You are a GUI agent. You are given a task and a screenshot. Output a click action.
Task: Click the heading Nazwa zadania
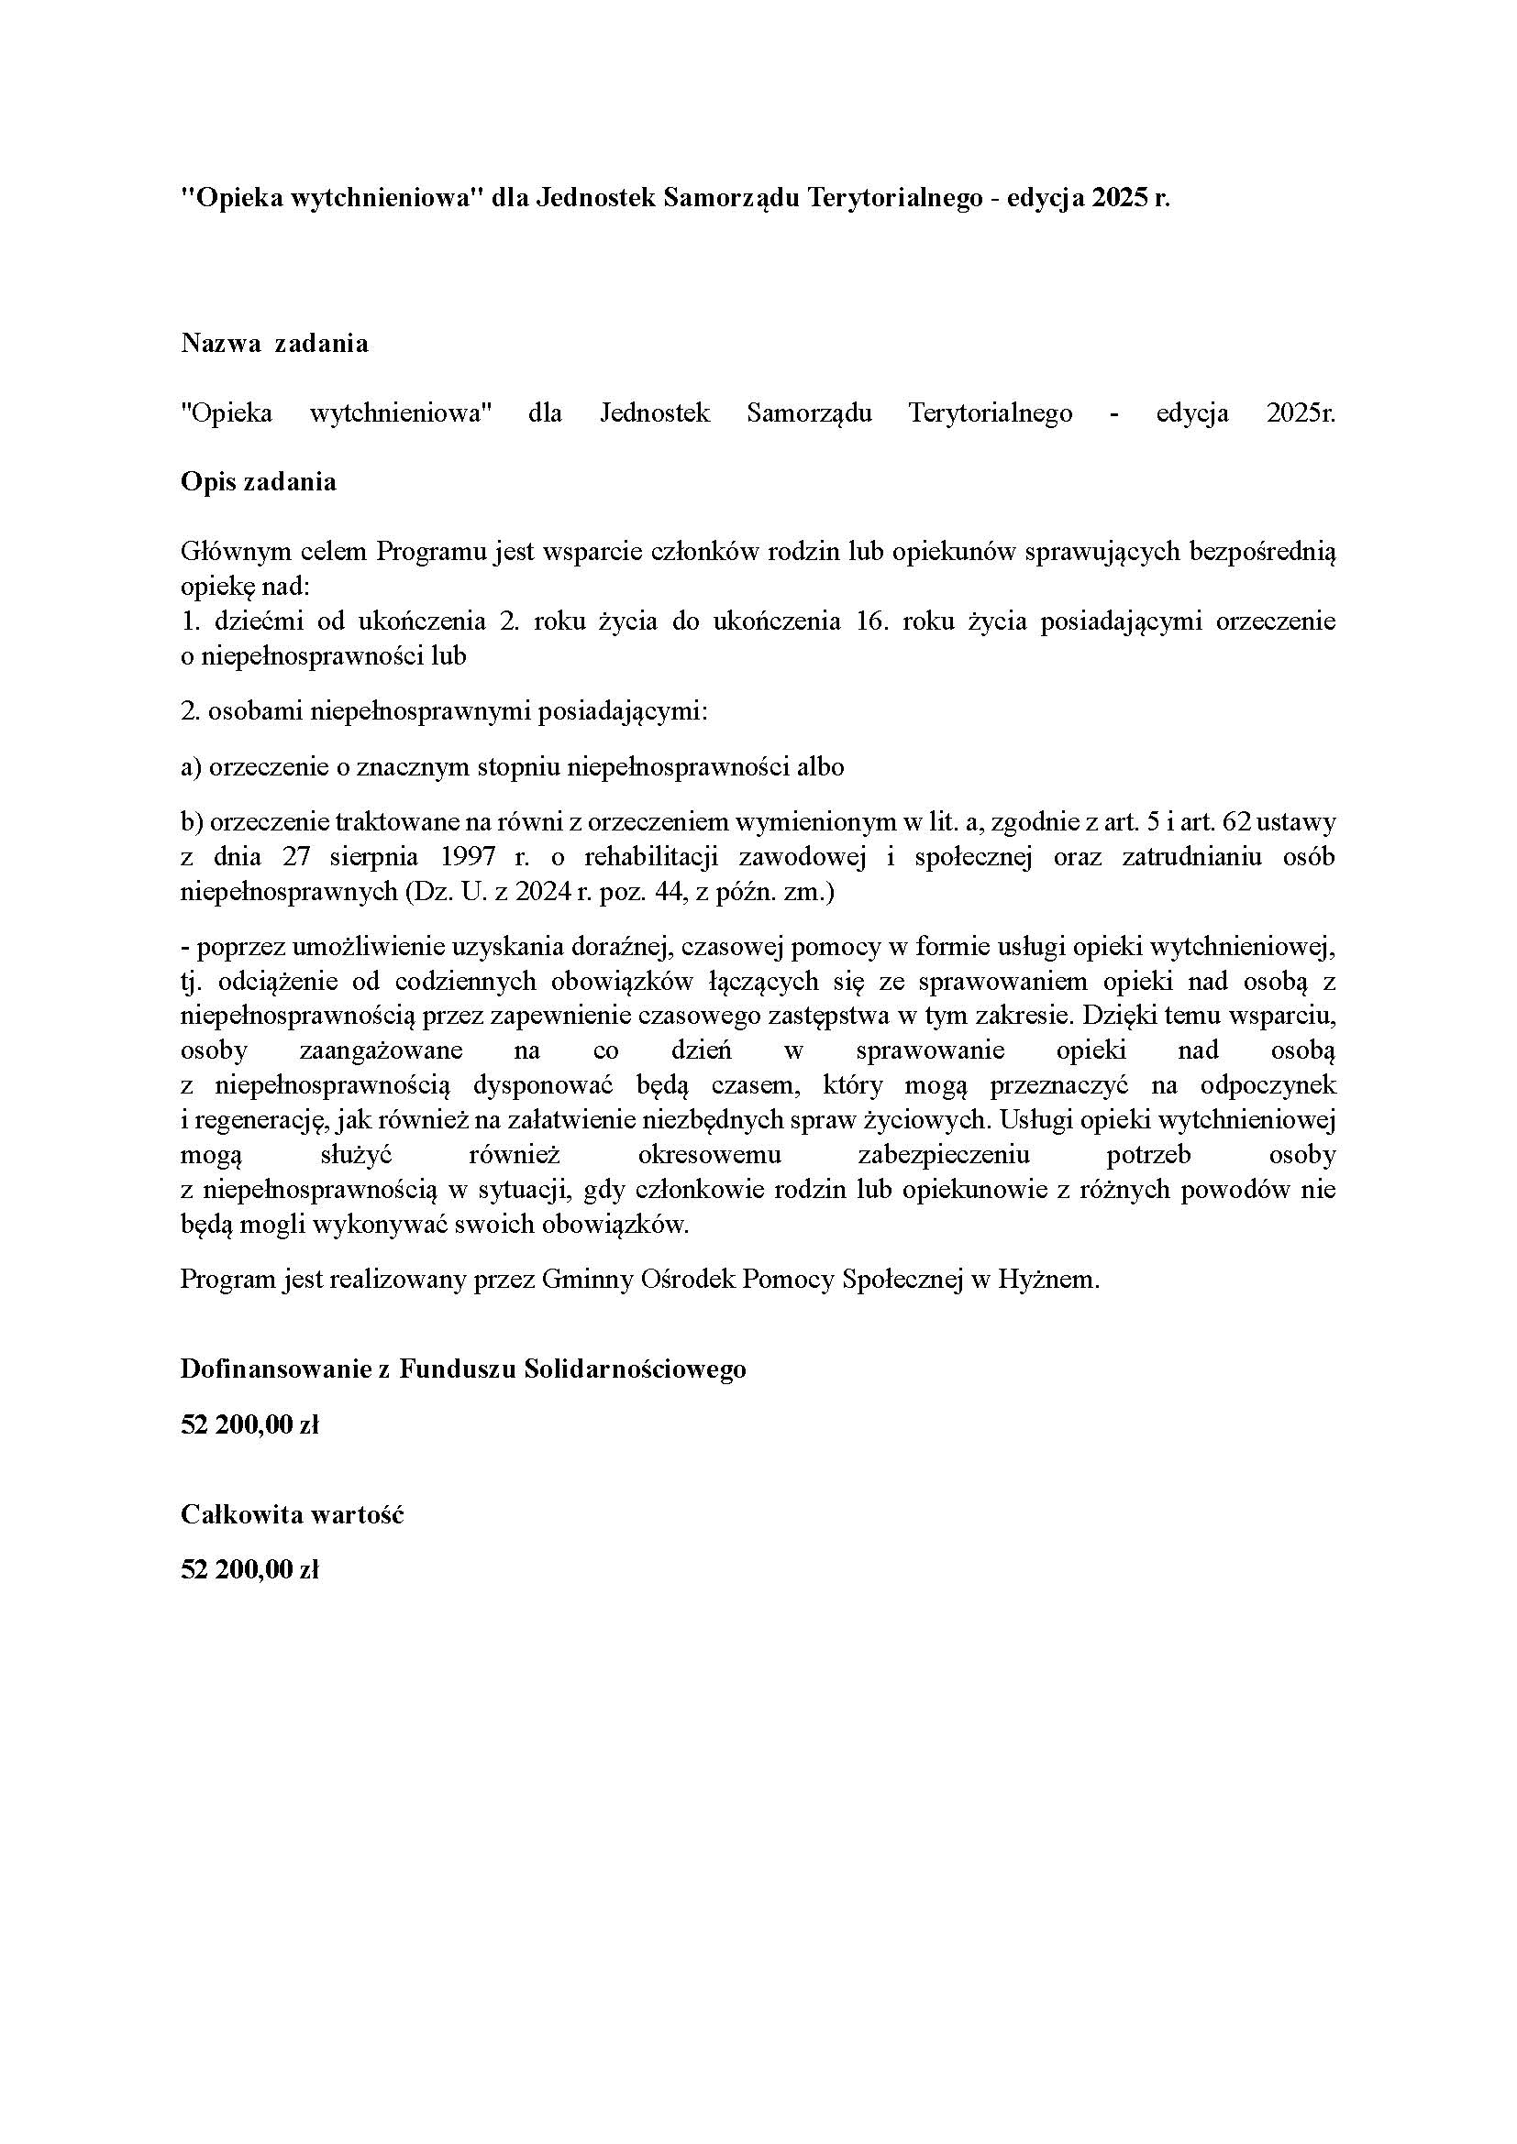274,344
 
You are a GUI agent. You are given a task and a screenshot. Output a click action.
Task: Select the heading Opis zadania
259,482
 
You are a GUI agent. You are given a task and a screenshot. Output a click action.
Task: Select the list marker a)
192,767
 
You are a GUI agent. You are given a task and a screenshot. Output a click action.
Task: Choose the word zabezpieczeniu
944,1155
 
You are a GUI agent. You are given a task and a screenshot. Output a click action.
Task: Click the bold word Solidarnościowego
635,1369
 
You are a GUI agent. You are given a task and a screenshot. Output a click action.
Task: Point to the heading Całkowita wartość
292,1513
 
